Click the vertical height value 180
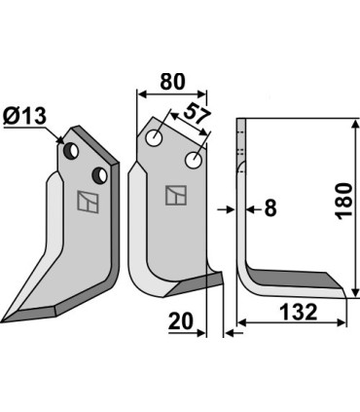(344, 202)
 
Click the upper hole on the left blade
(70, 150)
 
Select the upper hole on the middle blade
(154, 138)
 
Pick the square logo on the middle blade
(176, 195)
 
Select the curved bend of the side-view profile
(246, 268)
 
